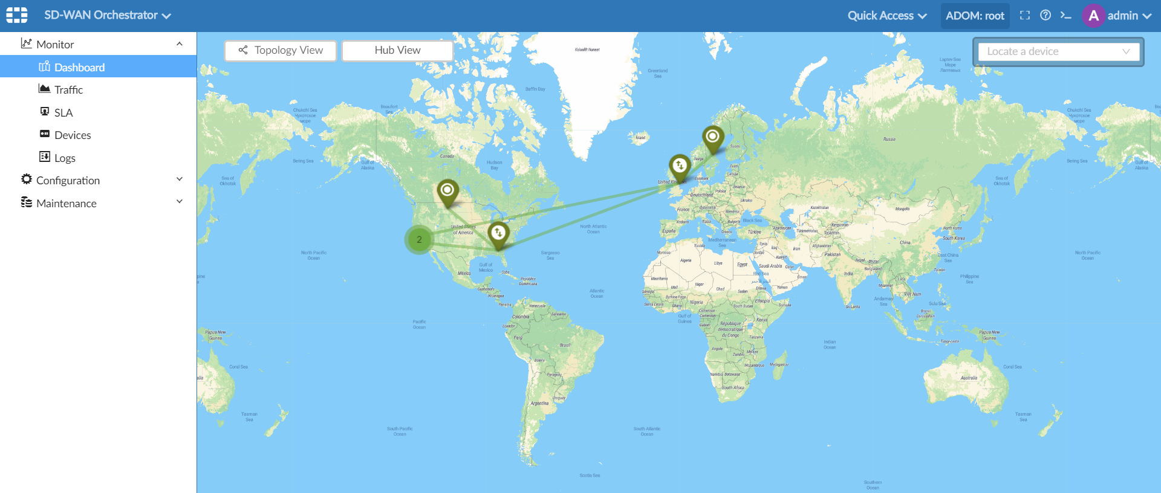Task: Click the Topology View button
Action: [281, 50]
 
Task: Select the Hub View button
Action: [397, 50]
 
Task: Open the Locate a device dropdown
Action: [1058, 51]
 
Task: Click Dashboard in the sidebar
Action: [79, 67]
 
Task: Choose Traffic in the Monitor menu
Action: [68, 90]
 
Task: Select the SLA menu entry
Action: [63, 112]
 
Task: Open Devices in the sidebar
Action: [73, 135]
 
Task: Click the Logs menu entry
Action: [65, 158]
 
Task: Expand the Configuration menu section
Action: [68, 180]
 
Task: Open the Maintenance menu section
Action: [67, 203]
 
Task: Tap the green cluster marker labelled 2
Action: [419, 239]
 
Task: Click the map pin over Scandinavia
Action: [713, 137]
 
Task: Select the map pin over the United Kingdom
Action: [680, 166]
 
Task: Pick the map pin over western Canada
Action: [447, 191]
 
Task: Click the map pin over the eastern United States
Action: [498, 233]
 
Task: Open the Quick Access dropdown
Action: [886, 16]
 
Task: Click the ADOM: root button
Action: [975, 16]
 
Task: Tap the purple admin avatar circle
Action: [1093, 16]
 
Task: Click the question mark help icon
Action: [1046, 16]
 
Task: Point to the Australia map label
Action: [969, 378]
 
